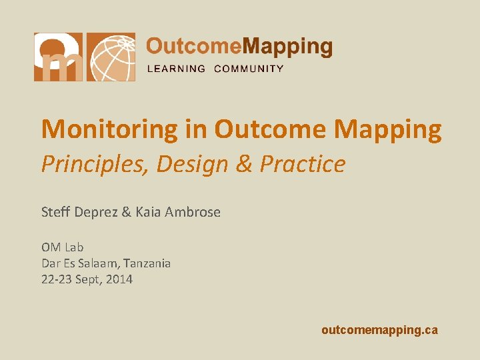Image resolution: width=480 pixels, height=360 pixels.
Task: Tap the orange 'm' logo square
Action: [x=59, y=57]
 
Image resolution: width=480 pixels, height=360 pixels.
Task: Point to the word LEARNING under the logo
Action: [x=176, y=69]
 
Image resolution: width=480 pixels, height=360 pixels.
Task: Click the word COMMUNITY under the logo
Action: [x=249, y=69]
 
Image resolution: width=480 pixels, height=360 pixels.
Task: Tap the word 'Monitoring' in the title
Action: [x=110, y=129]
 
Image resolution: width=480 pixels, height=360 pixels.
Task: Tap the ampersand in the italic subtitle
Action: [x=245, y=164]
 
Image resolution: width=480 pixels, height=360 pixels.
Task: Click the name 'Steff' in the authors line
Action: [x=55, y=212]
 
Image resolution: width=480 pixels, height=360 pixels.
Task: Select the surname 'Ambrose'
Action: [x=192, y=212]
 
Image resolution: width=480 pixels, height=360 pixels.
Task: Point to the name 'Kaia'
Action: [x=148, y=212]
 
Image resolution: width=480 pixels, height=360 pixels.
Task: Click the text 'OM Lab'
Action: [x=62, y=247]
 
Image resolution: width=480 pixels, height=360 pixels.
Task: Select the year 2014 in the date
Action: [x=119, y=279]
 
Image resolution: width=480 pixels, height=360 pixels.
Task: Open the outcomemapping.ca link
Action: [x=379, y=330]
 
